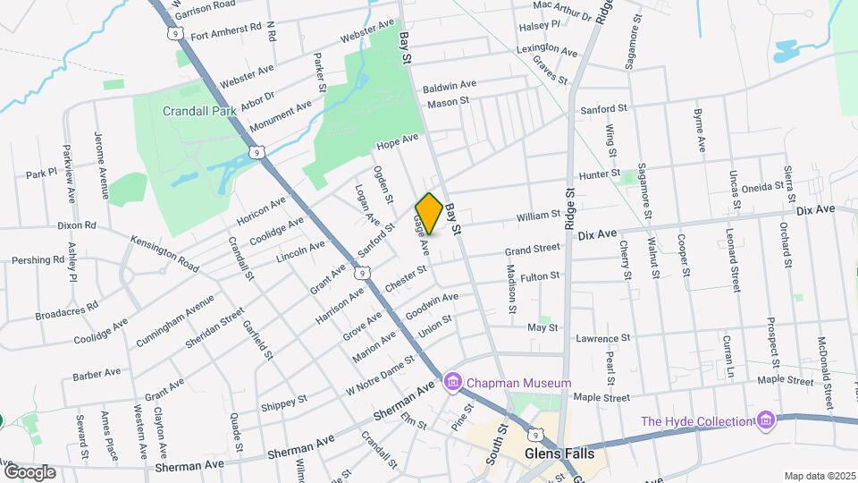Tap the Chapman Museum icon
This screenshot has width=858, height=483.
453,384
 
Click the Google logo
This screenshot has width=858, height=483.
29,471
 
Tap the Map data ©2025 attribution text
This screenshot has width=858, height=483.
820,476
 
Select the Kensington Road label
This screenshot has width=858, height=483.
164,254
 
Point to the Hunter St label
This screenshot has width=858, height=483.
599,174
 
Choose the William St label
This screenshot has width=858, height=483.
537,216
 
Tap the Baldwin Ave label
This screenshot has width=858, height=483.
450,86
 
